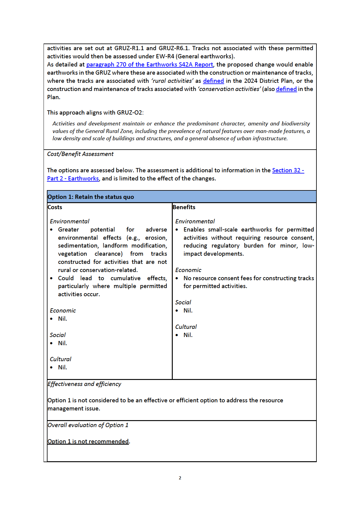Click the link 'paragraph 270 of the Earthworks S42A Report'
click(149, 65)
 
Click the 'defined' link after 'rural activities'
click(213, 81)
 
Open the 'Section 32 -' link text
click(288, 170)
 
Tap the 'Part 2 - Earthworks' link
click(73, 179)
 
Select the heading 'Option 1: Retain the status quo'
click(91, 197)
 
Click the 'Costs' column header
click(55, 207)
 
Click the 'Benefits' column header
click(184, 207)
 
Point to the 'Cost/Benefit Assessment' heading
click(80, 154)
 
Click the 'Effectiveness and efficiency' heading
click(84, 384)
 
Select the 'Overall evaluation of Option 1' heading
click(88, 425)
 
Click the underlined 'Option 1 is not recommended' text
click(88, 442)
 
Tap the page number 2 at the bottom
click(180, 478)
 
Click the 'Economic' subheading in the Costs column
click(63, 311)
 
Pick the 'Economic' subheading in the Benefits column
click(188, 270)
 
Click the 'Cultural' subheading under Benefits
click(186, 327)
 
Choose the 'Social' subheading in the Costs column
click(58, 335)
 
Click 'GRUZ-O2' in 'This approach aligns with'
click(129, 113)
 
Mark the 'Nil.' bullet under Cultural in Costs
click(62, 368)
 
